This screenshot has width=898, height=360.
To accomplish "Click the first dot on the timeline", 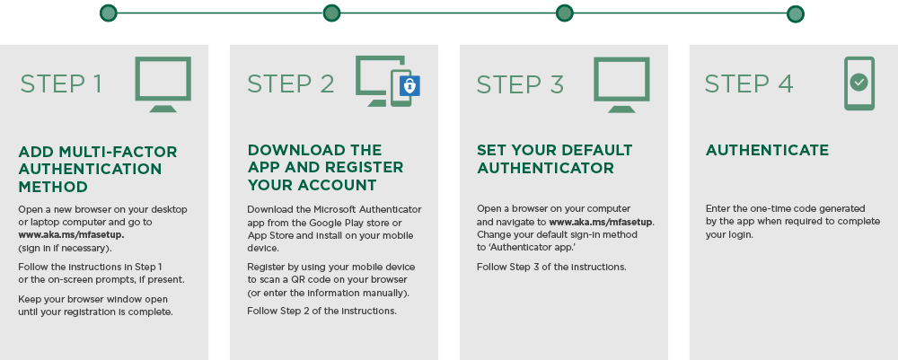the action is click(x=109, y=13).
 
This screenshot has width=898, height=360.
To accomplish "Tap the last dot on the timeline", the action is click(x=795, y=13).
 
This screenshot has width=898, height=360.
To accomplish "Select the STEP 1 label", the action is click(x=61, y=83).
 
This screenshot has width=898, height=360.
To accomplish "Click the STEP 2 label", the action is click(x=291, y=83).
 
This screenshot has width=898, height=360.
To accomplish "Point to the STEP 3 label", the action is click(x=520, y=84).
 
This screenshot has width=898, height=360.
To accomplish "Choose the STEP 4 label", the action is click(x=749, y=83).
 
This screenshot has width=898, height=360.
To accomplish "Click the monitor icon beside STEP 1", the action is click(x=163, y=84).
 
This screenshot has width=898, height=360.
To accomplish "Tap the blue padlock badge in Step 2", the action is click(x=409, y=86).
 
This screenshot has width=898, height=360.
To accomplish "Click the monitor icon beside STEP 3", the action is click(x=621, y=84).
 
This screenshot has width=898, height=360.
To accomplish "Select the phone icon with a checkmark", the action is click(x=859, y=83).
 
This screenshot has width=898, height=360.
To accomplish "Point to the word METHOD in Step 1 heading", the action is click(x=53, y=187).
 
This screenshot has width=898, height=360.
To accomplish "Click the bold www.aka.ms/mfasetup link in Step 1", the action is click(x=72, y=234).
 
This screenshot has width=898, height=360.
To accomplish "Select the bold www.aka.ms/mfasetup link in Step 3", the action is click(x=602, y=222).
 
